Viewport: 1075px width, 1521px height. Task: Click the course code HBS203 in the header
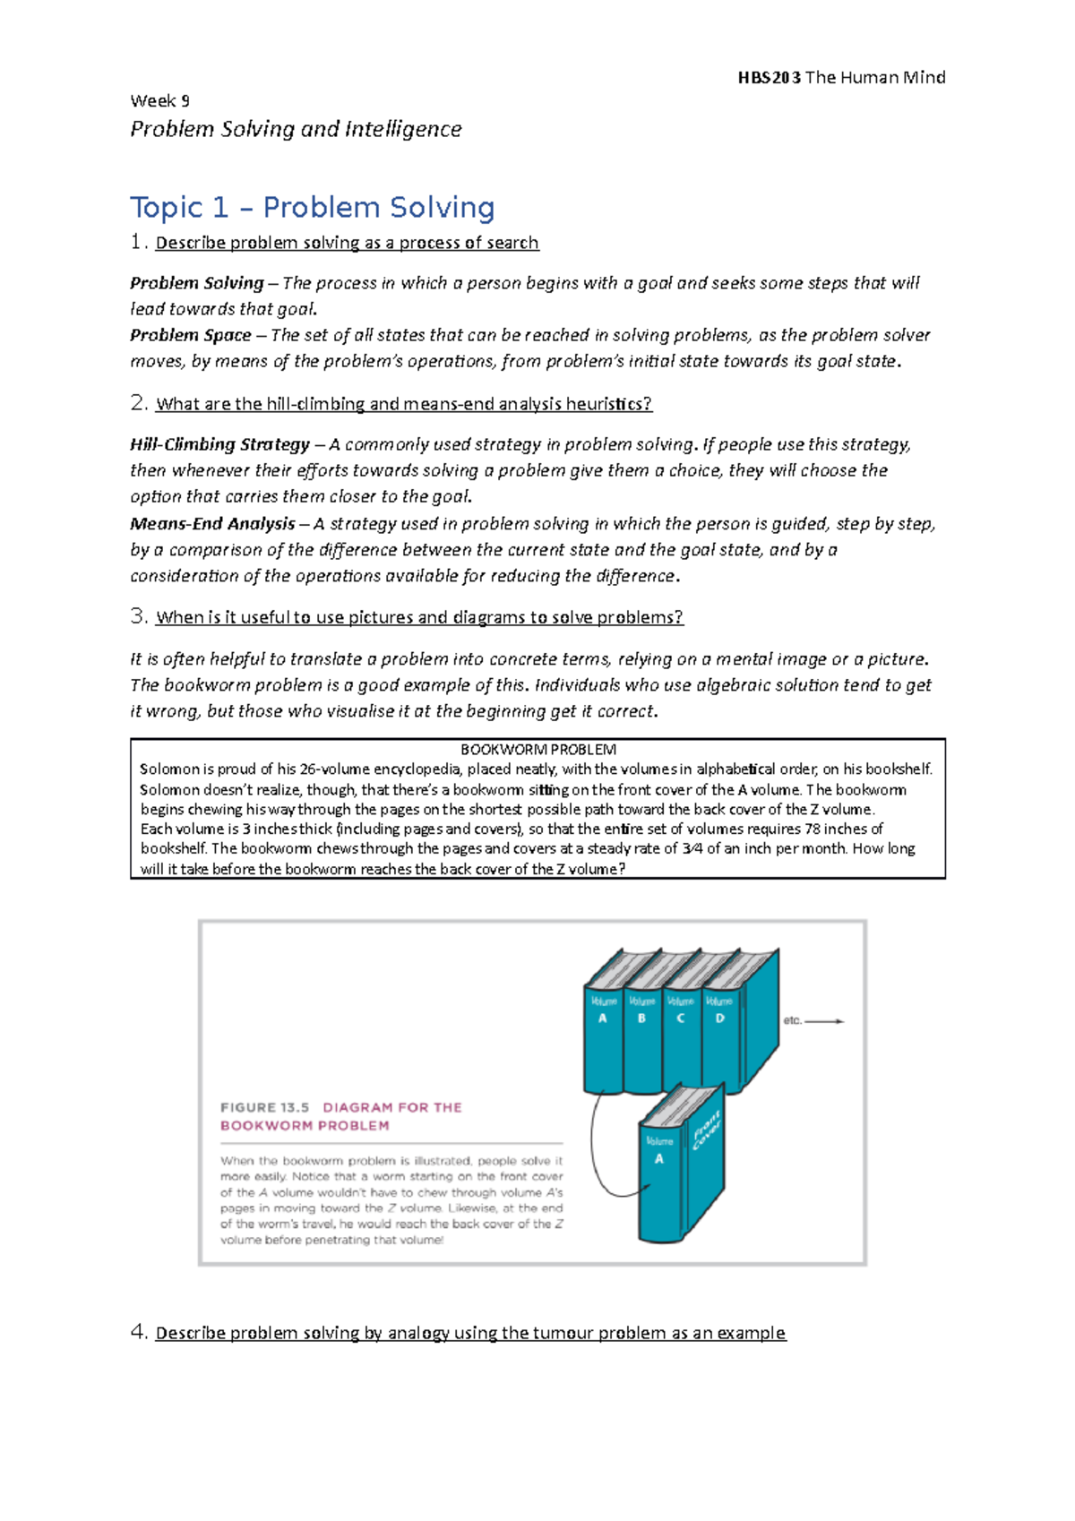tap(769, 78)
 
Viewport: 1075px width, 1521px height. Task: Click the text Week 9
tap(159, 101)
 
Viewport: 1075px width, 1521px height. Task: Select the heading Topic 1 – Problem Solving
tap(312, 208)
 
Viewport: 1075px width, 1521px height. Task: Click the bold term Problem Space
tap(190, 335)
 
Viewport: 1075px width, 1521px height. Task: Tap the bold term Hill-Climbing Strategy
tap(219, 444)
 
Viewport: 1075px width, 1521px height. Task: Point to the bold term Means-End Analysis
tap(212, 524)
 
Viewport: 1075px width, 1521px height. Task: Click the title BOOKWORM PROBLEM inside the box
tap(537, 750)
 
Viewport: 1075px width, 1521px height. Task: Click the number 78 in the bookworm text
tap(813, 829)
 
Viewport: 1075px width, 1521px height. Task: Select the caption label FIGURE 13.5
tap(264, 1108)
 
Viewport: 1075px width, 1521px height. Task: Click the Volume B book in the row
tap(641, 1039)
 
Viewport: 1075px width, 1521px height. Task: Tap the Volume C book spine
tap(681, 1039)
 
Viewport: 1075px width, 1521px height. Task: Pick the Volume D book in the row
tap(719, 1039)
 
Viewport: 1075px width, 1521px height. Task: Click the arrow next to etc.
tap(824, 1021)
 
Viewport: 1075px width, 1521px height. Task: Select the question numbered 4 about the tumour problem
tap(470, 1333)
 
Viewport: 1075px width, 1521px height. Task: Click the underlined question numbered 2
tap(403, 404)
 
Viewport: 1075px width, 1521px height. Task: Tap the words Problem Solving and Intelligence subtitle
tap(296, 130)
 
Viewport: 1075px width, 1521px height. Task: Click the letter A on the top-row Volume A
tap(603, 1018)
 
